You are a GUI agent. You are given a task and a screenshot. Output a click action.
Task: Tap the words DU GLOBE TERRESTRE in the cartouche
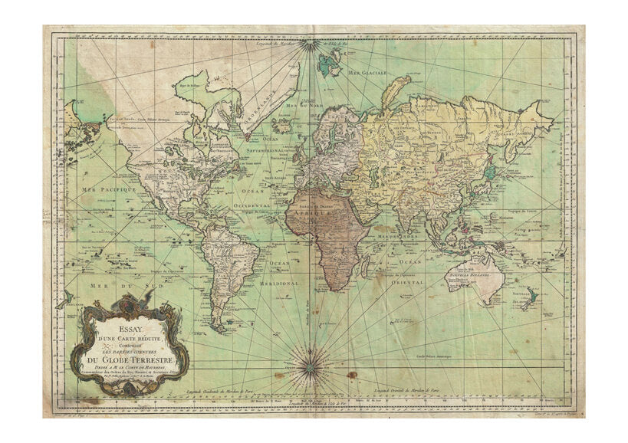126,362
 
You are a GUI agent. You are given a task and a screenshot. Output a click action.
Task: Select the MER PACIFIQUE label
107,188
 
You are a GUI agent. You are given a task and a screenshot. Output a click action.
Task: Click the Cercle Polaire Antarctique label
458,356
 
